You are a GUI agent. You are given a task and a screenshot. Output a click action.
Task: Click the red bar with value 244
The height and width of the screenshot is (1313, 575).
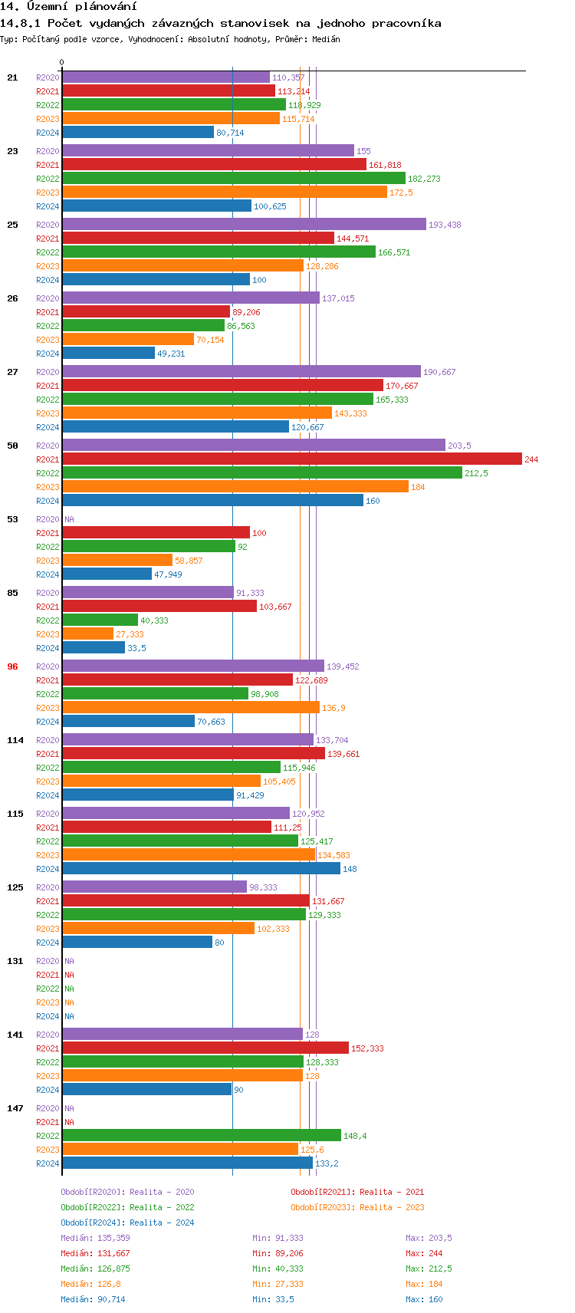pyautogui.click(x=291, y=459)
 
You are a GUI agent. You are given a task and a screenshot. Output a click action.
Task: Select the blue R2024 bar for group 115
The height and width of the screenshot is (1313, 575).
pyautogui.click(x=201, y=869)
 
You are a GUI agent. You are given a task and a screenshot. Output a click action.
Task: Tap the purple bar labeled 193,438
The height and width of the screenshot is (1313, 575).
pyautogui.click(x=244, y=225)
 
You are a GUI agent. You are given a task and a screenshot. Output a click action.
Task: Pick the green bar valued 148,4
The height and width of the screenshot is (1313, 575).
pyautogui.click(x=202, y=1136)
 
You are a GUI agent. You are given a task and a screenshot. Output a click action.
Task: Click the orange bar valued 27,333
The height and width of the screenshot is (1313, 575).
pyautogui.click(x=88, y=634)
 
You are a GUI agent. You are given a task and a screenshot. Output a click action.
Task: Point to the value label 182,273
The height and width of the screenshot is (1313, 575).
pyautogui.click(x=424, y=179)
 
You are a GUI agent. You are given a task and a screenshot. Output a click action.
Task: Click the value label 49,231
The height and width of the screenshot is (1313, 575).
pyautogui.click(x=171, y=354)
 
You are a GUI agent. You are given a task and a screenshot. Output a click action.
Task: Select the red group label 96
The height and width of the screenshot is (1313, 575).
pyautogui.click(x=13, y=666)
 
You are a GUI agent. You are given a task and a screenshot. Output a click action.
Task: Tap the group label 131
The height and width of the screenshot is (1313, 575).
pyautogui.click(x=15, y=961)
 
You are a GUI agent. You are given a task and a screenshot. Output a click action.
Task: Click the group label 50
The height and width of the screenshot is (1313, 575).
pyautogui.click(x=13, y=446)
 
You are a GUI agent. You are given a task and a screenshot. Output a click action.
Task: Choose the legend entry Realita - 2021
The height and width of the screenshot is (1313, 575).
pyautogui.click(x=357, y=1192)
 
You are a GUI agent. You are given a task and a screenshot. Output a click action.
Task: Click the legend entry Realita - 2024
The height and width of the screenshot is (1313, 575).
pyautogui.click(x=127, y=1223)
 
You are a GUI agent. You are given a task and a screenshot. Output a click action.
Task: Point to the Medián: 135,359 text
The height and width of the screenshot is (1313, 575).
pyautogui.click(x=95, y=1238)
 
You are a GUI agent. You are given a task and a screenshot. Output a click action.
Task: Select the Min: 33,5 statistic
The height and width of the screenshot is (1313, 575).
pyautogui.click(x=273, y=1299)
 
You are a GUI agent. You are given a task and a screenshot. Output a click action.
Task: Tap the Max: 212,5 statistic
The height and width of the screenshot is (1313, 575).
pyautogui.click(x=429, y=1269)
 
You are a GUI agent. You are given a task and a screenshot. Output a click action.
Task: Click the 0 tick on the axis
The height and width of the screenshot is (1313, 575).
pyautogui.click(x=62, y=63)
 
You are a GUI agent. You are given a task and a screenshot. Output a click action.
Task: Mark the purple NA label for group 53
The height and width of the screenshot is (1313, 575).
pyautogui.click(x=69, y=519)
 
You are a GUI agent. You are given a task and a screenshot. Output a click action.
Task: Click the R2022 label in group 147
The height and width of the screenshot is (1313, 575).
pyautogui.click(x=48, y=1136)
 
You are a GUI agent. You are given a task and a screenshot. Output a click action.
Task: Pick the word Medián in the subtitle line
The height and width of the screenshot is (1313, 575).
pyautogui.click(x=326, y=39)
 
